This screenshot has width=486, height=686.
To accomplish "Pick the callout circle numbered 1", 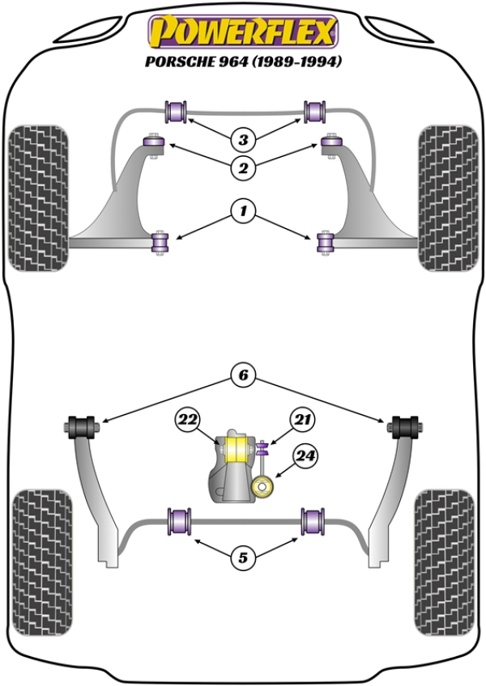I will point(242,213).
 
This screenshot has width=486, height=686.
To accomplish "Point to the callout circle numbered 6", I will point(242,375).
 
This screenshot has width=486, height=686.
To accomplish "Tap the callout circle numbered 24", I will point(304,456).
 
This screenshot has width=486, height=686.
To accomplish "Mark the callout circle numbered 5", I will point(242,557).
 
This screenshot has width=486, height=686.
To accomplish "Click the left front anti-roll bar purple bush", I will point(177,110).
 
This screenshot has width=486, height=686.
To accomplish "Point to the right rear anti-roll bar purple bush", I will point(313,520).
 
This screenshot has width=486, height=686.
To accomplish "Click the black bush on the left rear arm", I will point(81,425).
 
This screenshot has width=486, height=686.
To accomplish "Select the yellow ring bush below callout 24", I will point(262,487).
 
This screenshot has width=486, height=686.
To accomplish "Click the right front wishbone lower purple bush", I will point(326,241).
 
